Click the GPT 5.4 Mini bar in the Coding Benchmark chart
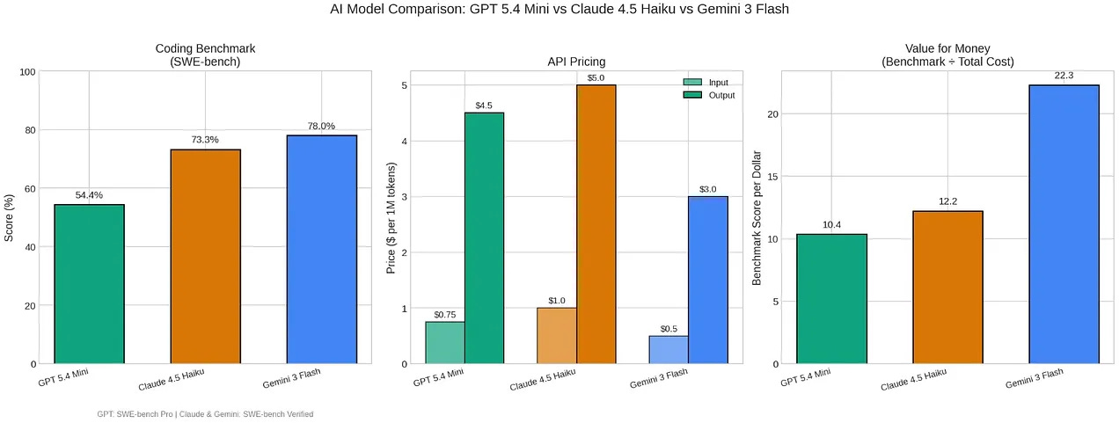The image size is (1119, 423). pyautogui.click(x=89, y=284)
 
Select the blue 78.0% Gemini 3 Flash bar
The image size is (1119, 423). pyautogui.click(x=321, y=250)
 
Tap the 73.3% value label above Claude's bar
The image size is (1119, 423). pyautogui.click(x=205, y=140)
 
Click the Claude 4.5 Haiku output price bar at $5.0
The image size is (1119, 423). pyautogui.click(x=596, y=224)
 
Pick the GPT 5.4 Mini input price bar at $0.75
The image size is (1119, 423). pyautogui.click(x=445, y=343)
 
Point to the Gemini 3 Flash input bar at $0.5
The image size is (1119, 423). pyautogui.click(x=669, y=350)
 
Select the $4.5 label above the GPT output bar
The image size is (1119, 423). pyautogui.click(x=484, y=106)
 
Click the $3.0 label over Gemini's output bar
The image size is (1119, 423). pyautogui.click(x=708, y=189)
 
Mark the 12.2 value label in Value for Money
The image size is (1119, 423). pyautogui.click(x=947, y=201)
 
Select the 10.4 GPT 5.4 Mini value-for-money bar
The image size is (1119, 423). pyautogui.click(x=831, y=299)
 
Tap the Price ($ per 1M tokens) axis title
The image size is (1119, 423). pyautogui.click(x=392, y=217)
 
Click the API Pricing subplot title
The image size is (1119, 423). pyautogui.click(x=576, y=62)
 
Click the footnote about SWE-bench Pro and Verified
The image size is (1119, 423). pyautogui.click(x=205, y=414)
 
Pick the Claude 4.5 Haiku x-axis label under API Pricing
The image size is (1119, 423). pyautogui.click(x=543, y=380)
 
